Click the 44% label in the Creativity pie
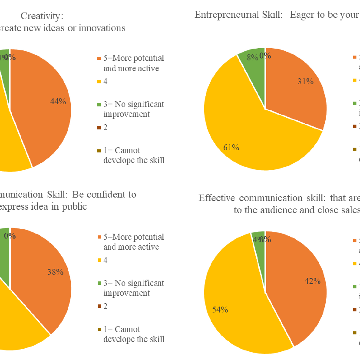58,101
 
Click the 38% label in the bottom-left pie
56,272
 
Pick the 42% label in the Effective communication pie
313,281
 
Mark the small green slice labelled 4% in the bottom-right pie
258,238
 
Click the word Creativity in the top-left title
42,16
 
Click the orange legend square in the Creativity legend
99,58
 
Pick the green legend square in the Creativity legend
99,104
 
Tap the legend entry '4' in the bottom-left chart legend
106,260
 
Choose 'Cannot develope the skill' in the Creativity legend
134,155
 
